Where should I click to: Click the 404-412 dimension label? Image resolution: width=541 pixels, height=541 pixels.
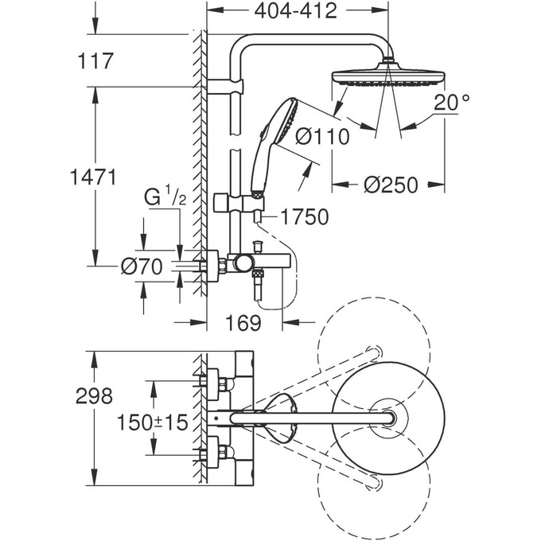click(x=296, y=11)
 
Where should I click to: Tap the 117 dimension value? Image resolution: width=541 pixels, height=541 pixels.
click(x=95, y=60)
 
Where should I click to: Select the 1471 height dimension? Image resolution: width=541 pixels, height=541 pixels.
click(x=94, y=177)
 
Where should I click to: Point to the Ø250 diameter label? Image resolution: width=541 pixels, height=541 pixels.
click(x=391, y=185)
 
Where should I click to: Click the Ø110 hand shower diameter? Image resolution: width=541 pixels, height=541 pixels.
click(x=322, y=136)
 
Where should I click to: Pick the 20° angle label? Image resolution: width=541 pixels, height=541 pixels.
click(x=452, y=102)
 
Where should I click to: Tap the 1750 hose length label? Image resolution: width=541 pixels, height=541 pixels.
click(x=305, y=216)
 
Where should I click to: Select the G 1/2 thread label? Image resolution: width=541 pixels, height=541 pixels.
click(x=165, y=195)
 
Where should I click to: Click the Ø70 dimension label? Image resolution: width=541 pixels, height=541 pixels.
click(x=142, y=267)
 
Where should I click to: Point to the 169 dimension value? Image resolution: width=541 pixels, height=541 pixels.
click(x=243, y=322)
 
